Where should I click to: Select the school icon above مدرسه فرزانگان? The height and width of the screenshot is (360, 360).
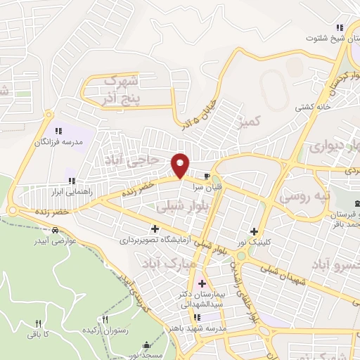(x=59, y=130)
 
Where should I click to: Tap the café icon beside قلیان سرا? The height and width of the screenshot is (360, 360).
(x=207, y=176)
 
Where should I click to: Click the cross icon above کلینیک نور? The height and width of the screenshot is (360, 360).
(x=254, y=231)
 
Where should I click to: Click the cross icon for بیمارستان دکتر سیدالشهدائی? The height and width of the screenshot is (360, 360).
(x=202, y=283)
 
